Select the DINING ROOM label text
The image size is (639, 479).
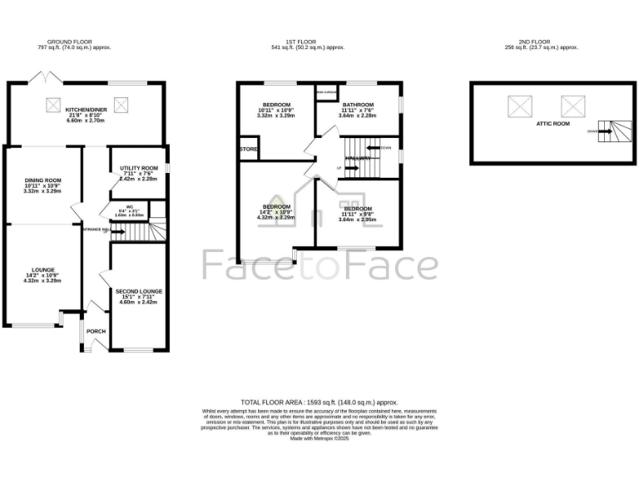click(x=43, y=180)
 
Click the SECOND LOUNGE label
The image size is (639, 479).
click(x=139, y=291)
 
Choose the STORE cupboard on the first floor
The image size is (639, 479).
click(x=248, y=150)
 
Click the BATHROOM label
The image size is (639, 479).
click(x=358, y=104)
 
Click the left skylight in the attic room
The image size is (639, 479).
click(x=520, y=106)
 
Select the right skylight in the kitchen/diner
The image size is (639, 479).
click(x=121, y=105)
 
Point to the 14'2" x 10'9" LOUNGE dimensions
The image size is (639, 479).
click(x=43, y=275)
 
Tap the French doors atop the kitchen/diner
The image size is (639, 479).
click(x=41, y=77)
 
